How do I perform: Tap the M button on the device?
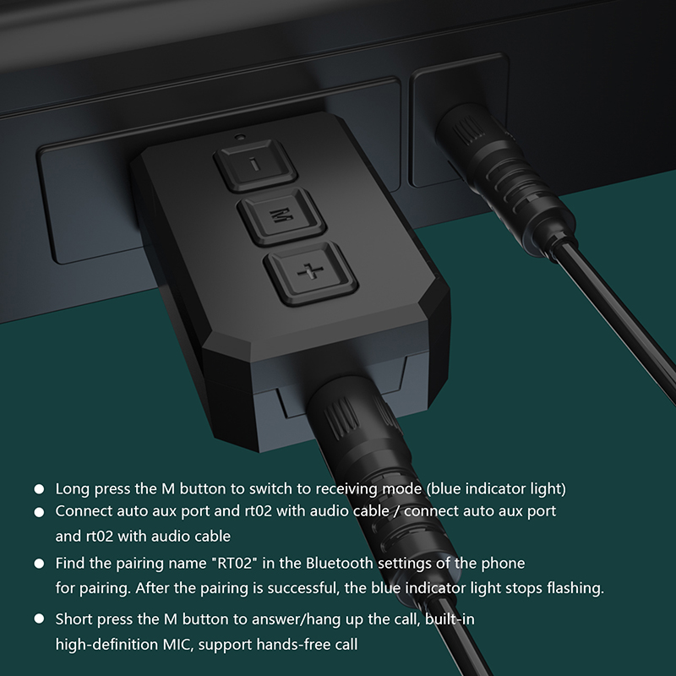tap(281, 216)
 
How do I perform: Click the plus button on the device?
tap(311, 273)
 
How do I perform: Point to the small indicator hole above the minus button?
tap(240, 137)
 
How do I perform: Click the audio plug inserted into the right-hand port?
tap(504, 177)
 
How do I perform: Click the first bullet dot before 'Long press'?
tap(39, 489)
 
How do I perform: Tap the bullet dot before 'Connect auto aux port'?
tap(39, 512)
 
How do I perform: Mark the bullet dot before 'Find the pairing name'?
tap(39, 564)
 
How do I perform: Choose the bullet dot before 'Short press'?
tap(39, 619)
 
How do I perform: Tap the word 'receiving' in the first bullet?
tap(346, 489)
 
